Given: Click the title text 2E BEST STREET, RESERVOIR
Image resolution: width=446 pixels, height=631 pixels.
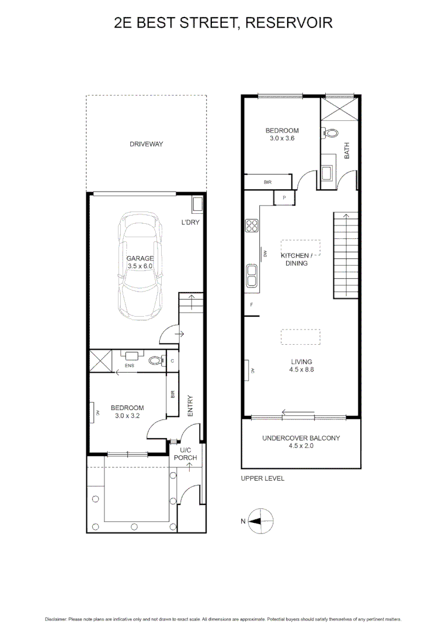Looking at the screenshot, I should click(223, 23).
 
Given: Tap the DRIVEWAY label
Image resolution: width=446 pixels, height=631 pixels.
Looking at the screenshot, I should click(146, 144).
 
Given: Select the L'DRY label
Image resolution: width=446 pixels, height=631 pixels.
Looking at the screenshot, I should click(191, 222).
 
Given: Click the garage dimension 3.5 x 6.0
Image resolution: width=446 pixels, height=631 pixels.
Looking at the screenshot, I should click(140, 266).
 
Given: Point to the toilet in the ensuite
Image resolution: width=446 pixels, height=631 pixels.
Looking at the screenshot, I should click(156, 360).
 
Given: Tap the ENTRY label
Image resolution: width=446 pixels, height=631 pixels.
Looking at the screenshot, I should click(190, 406).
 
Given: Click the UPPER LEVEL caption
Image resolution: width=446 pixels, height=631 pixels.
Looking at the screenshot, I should click(262, 478).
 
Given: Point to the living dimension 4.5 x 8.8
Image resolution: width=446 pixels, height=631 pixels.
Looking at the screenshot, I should click(301, 369).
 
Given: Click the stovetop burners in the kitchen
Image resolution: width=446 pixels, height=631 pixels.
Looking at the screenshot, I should click(252, 226).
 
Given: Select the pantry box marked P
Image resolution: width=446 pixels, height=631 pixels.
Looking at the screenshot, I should click(284, 198).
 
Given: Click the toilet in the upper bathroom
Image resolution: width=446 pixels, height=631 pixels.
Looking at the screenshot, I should click(330, 133).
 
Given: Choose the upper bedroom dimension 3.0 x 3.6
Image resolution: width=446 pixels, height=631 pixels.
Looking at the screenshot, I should click(282, 138).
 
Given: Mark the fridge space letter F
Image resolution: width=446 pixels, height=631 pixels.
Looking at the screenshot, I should click(252, 305).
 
